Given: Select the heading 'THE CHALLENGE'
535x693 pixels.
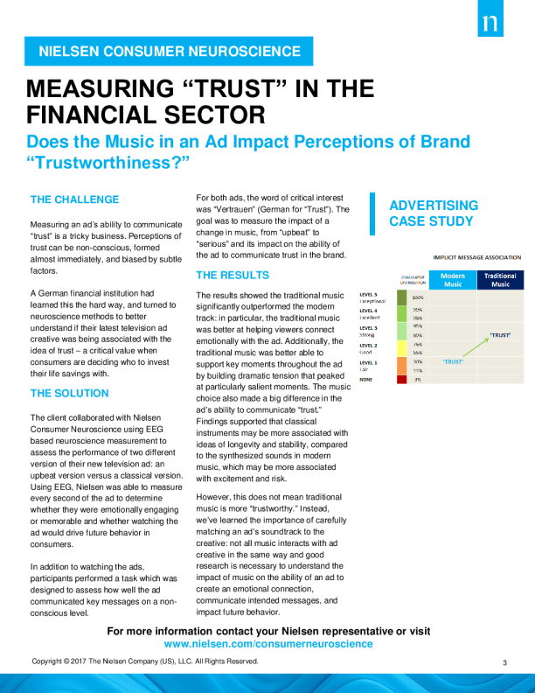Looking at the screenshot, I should coord(74,199).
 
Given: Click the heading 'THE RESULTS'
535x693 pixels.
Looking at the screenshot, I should coord(233,275).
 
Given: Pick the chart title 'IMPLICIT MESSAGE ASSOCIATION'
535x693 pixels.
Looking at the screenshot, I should coord(476,258).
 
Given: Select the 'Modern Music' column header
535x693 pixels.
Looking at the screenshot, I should coord(453,280).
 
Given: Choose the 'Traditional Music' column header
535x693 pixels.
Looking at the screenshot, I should coord(500,280).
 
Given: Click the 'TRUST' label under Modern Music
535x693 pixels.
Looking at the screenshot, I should coord(453,361).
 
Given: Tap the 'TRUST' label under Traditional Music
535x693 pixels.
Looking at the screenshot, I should coord(500,335).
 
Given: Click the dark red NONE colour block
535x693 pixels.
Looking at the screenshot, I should coord(402,380).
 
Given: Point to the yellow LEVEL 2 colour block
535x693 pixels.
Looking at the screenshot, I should coord(402,347).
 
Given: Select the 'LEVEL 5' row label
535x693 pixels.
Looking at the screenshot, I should coord(369,295).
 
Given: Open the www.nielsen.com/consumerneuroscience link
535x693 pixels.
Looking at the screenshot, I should coord(268,643).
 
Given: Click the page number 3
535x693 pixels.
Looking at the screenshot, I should coord(505,662).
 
